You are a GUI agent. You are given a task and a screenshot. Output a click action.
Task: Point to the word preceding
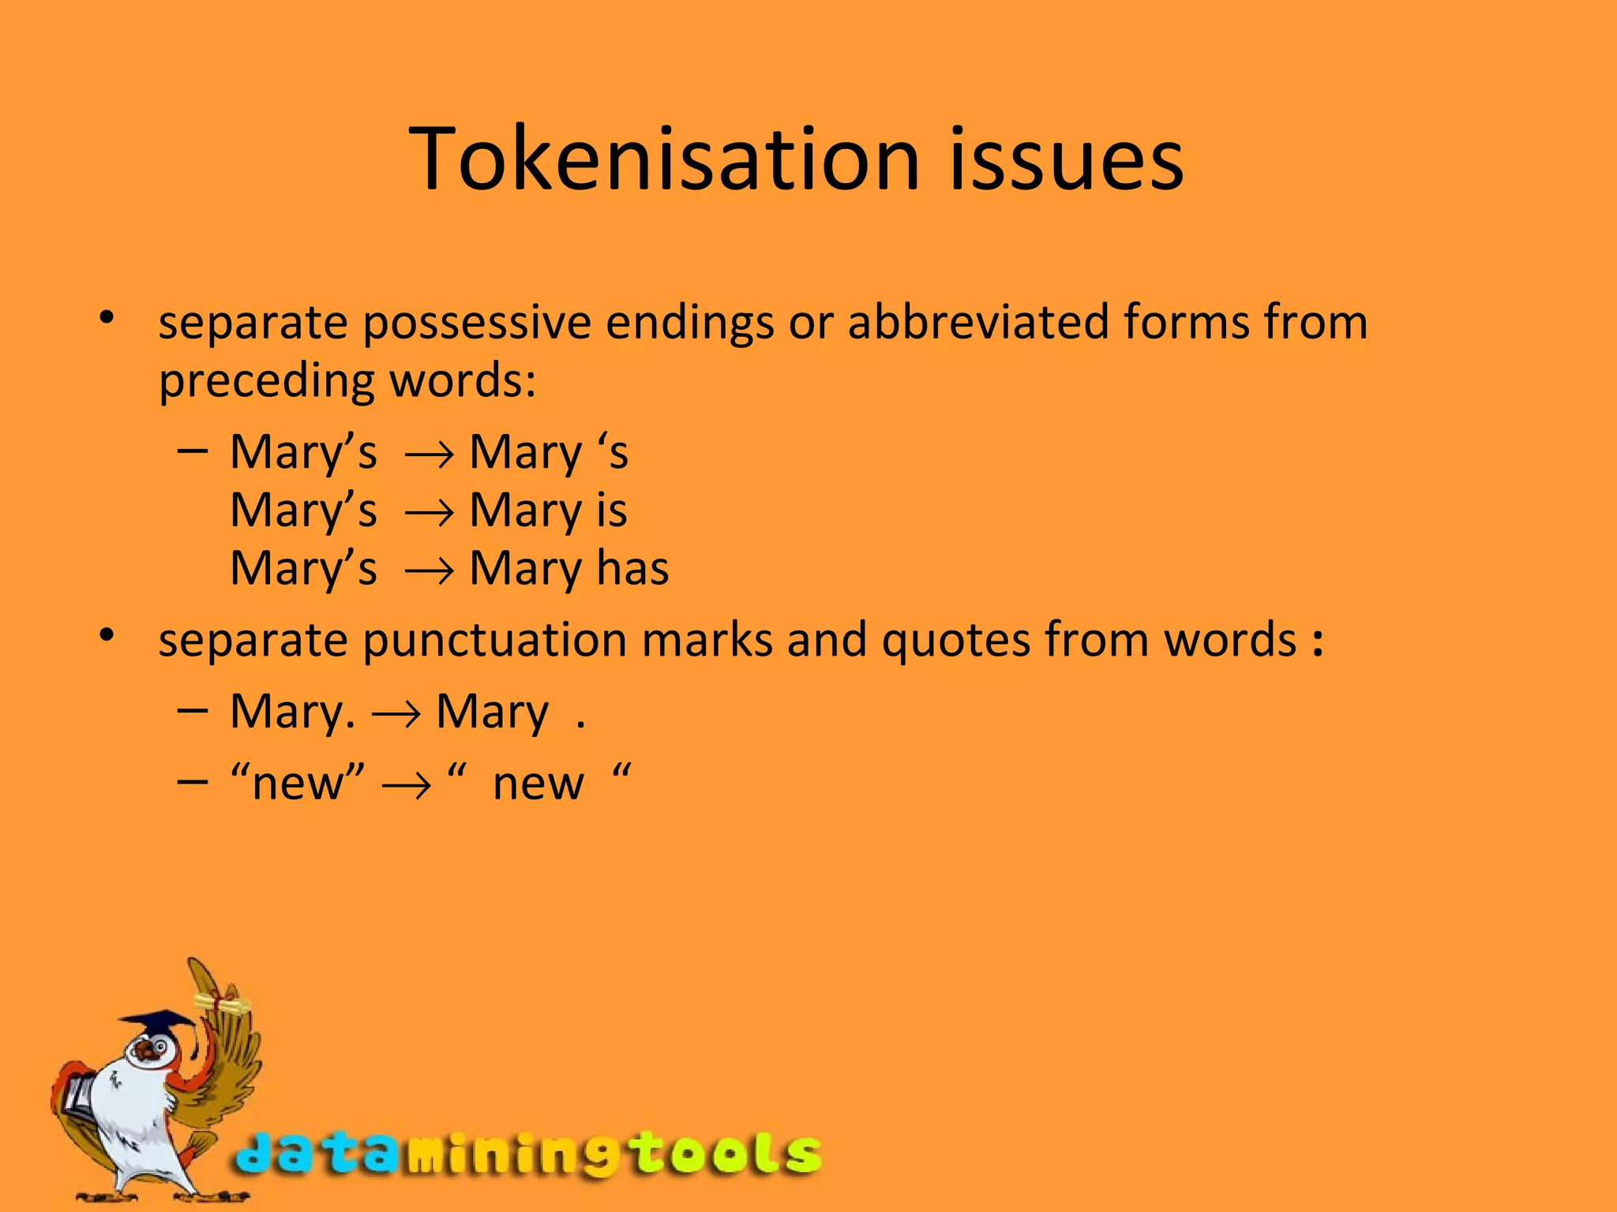pos(267,382)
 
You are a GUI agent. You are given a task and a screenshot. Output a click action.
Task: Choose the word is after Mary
pos(612,510)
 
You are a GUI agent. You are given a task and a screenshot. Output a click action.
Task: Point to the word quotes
pos(955,639)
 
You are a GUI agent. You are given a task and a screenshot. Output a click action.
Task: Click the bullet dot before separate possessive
pos(107,319)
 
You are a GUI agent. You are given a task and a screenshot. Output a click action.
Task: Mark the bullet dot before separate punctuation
pos(107,634)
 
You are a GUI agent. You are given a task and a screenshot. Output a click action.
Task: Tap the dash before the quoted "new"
pos(193,781)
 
